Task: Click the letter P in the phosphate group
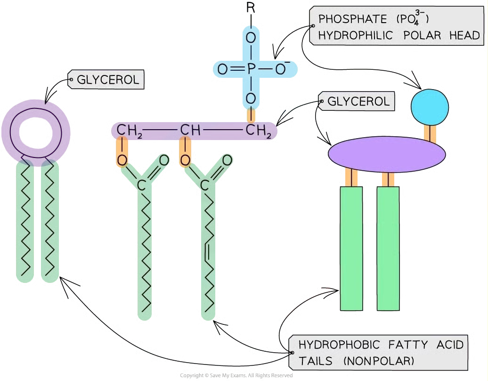[251, 70]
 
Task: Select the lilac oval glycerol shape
[387, 153]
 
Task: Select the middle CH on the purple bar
[189, 130]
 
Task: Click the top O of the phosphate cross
[251, 37]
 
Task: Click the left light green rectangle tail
[351, 248]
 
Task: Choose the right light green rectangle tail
[388, 248]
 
